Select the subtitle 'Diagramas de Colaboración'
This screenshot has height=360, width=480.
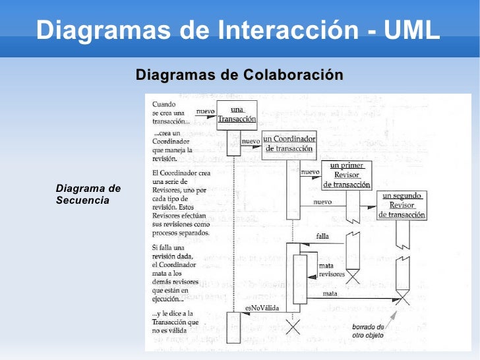click(239, 75)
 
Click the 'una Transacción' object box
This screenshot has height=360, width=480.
click(237, 115)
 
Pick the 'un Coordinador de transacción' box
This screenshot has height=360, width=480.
click(289, 144)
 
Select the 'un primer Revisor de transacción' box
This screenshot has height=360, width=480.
click(346, 175)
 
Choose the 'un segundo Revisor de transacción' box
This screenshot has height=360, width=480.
click(402, 205)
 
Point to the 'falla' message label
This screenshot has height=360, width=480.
click(322, 235)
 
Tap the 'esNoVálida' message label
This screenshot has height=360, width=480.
click(258, 308)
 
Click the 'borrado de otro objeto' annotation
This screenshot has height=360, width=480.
click(369, 330)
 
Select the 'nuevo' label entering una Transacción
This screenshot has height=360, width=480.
click(205, 111)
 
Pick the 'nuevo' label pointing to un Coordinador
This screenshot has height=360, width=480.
click(251, 141)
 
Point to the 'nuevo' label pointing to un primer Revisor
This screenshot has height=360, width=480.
click(310, 172)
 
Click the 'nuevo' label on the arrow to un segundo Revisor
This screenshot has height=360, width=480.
click(322, 202)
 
